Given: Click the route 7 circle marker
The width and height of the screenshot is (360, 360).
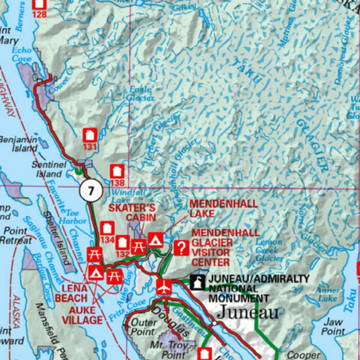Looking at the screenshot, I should coord(91,191).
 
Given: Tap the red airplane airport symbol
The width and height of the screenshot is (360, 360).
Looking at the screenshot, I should coord(164,287).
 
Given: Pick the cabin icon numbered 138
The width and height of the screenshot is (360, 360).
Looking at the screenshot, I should coord(117,172).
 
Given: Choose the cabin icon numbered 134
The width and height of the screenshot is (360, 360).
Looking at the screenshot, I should coord(107,229).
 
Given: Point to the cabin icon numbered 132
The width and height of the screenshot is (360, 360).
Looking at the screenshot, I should coord(122,243).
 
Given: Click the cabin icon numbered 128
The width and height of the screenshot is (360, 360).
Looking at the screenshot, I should coord(39,4).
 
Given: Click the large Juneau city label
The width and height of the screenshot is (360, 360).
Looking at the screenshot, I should coord(248,312).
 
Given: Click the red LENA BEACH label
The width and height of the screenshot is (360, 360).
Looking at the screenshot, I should coord(71,293).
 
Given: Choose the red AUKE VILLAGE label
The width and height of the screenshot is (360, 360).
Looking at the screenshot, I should coord(86,315).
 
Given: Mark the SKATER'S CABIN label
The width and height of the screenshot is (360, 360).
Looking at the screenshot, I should coord(131,212).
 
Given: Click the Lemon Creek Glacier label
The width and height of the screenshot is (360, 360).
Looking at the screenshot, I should coord(269,250).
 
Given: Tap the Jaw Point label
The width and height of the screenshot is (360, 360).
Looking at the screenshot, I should coord(333,326).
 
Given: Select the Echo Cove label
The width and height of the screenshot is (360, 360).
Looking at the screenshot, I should coord(22,54).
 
